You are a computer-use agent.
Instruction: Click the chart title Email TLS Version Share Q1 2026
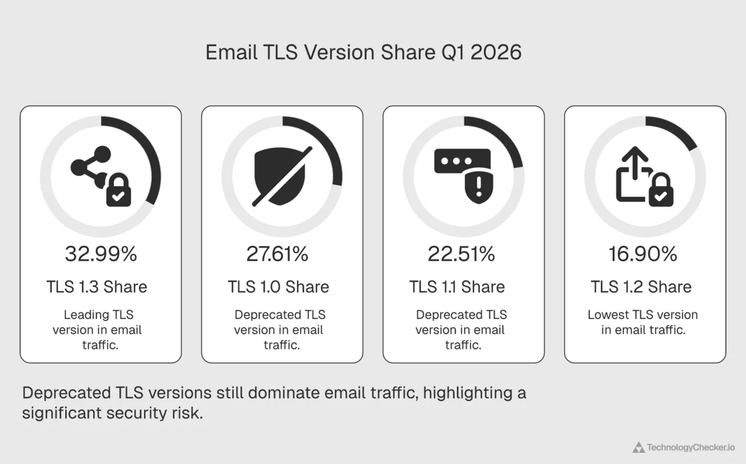click(x=363, y=53)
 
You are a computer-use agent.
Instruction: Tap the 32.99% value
click(x=101, y=254)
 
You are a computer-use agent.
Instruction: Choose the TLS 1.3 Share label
click(x=97, y=287)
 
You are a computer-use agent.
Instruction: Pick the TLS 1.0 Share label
click(x=279, y=287)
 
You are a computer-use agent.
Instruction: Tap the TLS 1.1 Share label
click(x=457, y=287)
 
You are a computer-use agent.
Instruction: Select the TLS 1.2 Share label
click(x=641, y=287)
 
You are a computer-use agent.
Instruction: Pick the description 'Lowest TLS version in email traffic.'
click(x=643, y=322)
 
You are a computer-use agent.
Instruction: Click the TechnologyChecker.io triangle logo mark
click(x=638, y=447)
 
